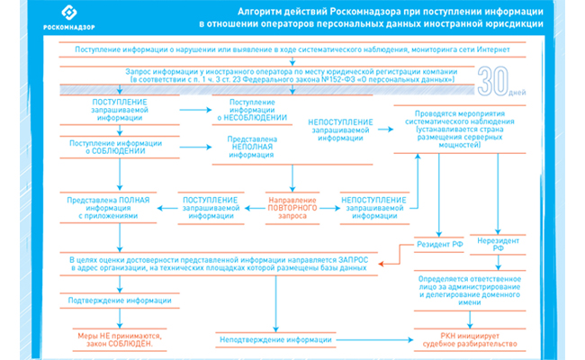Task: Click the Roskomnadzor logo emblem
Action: tap(70, 13)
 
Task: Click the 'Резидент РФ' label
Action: tap(439, 245)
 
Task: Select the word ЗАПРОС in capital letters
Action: tap(354, 258)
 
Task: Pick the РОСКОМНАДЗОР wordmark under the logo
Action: tap(70, 31)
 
